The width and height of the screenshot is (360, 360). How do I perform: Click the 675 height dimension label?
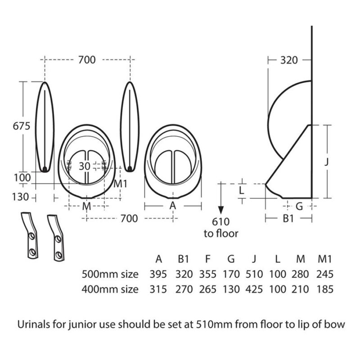pos(22,126)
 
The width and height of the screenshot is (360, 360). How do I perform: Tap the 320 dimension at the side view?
pos(289,60)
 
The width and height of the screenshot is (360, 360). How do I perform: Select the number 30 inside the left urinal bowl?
pos(85,166)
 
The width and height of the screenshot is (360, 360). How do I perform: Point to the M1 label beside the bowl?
pos(120,184)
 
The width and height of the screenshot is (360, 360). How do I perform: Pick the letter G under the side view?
pos(299,207)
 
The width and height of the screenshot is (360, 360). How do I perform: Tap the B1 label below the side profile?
pos(288,219)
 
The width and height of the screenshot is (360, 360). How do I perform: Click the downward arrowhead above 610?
pos(220,210)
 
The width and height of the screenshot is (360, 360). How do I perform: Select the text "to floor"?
pos(221,234)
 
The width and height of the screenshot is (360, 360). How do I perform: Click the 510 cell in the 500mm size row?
pos(254,274)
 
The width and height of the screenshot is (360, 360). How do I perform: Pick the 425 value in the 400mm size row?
pos(254,289)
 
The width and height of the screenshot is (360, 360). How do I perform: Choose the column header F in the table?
pos(207,259)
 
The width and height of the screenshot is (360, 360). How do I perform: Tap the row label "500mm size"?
pos(110,274)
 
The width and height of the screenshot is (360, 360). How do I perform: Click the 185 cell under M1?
pos(324,289)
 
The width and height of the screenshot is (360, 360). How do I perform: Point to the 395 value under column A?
pos(158,274)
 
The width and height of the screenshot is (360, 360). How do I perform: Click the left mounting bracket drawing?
pos(30,235)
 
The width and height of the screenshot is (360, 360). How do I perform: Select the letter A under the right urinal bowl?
pos(173,206)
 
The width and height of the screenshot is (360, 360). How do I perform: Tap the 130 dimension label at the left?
pos(20,197)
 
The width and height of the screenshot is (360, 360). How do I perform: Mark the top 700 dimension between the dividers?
pos(87,60)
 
